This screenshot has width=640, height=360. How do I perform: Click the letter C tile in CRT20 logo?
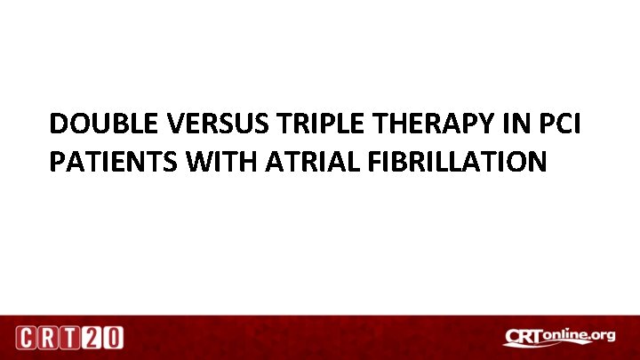[x=26, y=338]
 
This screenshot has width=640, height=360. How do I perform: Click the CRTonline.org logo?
[x=559, y=337]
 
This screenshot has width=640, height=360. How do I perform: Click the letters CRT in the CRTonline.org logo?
[x=524, y=337]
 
